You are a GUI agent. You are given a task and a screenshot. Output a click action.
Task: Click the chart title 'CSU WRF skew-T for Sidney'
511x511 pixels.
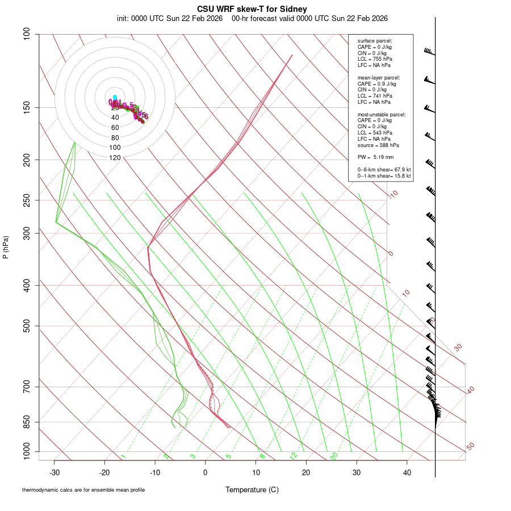[252, 9]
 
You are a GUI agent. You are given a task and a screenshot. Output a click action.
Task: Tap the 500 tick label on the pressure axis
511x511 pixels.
[27, 326]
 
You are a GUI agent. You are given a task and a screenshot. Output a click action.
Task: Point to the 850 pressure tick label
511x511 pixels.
[27, 422]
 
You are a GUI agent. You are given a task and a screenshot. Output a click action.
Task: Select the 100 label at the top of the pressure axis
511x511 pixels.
[27, 34]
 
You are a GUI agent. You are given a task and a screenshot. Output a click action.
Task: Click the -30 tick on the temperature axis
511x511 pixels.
[54, 472]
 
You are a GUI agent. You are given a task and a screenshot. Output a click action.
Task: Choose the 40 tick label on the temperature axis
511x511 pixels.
[407, 472]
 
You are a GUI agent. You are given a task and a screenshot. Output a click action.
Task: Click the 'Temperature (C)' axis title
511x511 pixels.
[252, 489]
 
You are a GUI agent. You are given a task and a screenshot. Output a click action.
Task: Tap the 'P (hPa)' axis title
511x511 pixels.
[6, 247]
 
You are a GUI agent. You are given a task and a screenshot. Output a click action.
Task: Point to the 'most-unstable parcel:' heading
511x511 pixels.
[382, 114]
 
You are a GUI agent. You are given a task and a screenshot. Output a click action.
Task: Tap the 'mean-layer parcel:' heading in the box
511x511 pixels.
[379, 77]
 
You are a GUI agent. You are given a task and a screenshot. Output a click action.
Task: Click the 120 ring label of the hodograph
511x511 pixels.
[115, 158]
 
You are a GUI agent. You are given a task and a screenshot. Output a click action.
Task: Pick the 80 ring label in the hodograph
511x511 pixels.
[115, 138]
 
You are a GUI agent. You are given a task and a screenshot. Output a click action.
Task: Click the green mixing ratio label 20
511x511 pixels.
[334, 456]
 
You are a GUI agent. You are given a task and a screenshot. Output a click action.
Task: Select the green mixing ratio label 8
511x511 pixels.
[262, 456]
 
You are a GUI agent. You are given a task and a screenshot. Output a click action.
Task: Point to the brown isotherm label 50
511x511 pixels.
[470, 447]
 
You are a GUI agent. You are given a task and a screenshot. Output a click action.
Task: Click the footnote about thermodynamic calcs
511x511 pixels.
[83, 490]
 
